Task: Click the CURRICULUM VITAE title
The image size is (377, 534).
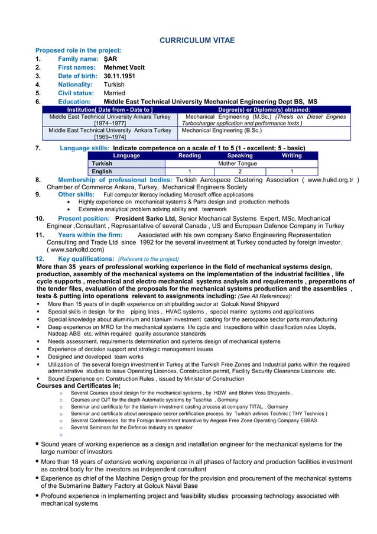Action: coord(197,40)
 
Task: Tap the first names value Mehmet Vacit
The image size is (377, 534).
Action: coord(124,68)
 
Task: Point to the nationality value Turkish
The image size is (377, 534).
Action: coord(114,85)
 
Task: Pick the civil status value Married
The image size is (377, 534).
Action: coord(115,93)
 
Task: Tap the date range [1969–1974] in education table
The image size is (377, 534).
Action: coord(110,137)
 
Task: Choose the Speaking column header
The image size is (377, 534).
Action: coord(239,156)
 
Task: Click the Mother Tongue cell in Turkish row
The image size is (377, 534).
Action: coord(239,164)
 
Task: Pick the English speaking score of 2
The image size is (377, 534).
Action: coord(239,172)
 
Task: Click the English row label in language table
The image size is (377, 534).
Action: coord(102,172)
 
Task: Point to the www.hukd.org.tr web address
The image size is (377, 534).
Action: coord(330,180)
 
